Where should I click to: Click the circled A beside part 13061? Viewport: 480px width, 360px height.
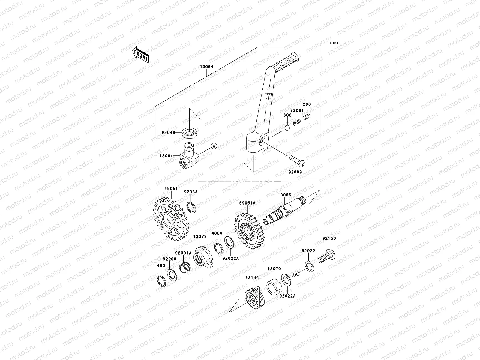[214, 146]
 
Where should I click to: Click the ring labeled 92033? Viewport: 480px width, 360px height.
[191, 207]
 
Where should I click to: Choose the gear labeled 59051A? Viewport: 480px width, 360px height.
[248, 230]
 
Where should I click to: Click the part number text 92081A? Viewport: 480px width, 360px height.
[183, 253]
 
